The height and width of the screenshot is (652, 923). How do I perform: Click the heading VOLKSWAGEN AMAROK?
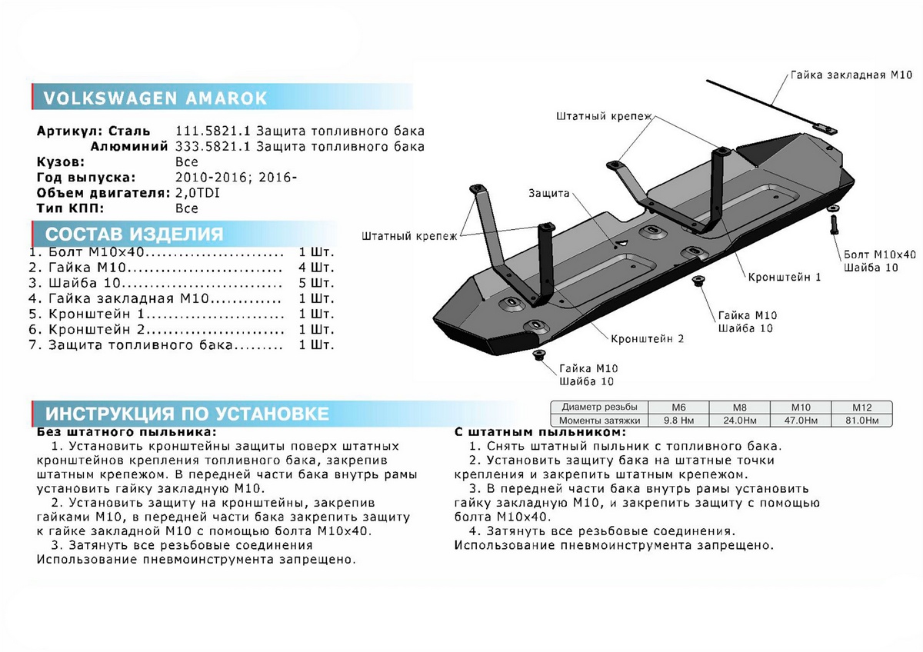[x=155, y=98]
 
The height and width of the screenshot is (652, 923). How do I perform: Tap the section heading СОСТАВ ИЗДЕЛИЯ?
[x=135, y=235]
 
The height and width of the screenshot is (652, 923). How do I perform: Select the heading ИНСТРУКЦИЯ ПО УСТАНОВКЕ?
[x=187, y=414]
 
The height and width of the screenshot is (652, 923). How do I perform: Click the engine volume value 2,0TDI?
[x=198, y=193]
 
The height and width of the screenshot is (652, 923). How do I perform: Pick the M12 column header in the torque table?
[x=861, y=407]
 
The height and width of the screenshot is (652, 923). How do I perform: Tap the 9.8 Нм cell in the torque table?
[x=678, y=421]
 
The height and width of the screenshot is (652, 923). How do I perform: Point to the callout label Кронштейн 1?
[x=781, y=277]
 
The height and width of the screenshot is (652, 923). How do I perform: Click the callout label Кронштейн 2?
[x=648, y=338]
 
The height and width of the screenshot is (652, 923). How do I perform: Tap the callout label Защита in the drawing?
[x=549, y=193]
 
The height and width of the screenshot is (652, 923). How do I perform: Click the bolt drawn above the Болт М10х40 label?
[x=833, y=225]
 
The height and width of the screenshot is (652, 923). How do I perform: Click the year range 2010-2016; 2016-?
[x=236, y=178]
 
